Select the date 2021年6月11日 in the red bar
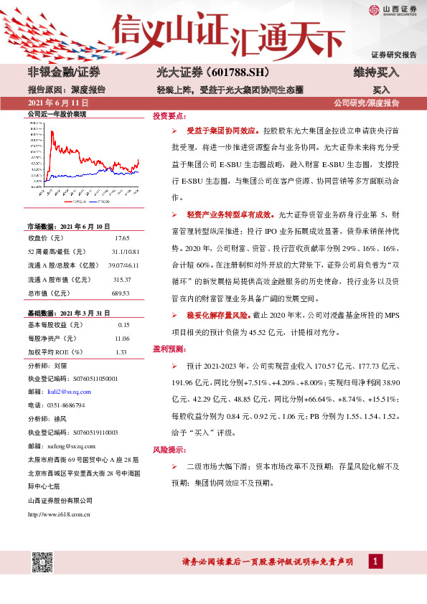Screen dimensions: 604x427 [x=55, y=103]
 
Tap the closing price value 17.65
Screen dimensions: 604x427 [x=122, y=237]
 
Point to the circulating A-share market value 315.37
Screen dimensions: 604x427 [x=123, y=280]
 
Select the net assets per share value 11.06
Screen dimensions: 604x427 [x=122, y=338]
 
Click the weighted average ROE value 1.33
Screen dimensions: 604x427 [x=121, y=352]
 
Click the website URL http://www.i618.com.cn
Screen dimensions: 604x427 [x=58, y=514]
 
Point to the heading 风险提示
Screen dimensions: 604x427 [x=168, y=449]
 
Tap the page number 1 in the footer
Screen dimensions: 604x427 [x=374, y=562]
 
